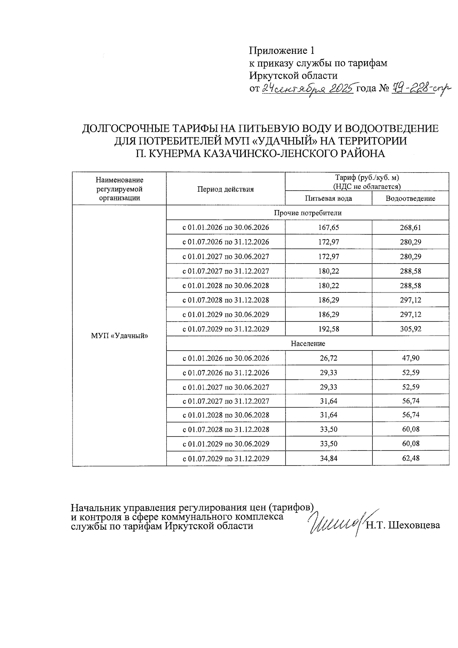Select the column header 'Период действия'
pyautogui.click(x=225, y=189)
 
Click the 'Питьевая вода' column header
pyautogui.click(x=328, y=199)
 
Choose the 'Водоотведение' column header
pyautogui.click(x=410, y=199)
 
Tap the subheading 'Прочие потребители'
pyautogui.click(x=308, y=213)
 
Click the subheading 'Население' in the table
pyautogui.click(x=308, y=344)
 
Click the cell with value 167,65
pyautogui.click(x=328, y=228)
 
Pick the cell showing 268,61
pyautogui.click(x=410, y=228)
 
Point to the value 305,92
pyautogui.click(x=410, y=329)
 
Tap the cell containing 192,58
pyautogui.click(x=328, y=329)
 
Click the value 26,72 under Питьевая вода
pyautogui.click(x=328, y=358)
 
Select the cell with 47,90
pyautogui.click(x=410, y=358)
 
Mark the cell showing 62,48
pyautogui.click(x=410, y=458)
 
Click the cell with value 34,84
pyautogui.click(x=328, y=458)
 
